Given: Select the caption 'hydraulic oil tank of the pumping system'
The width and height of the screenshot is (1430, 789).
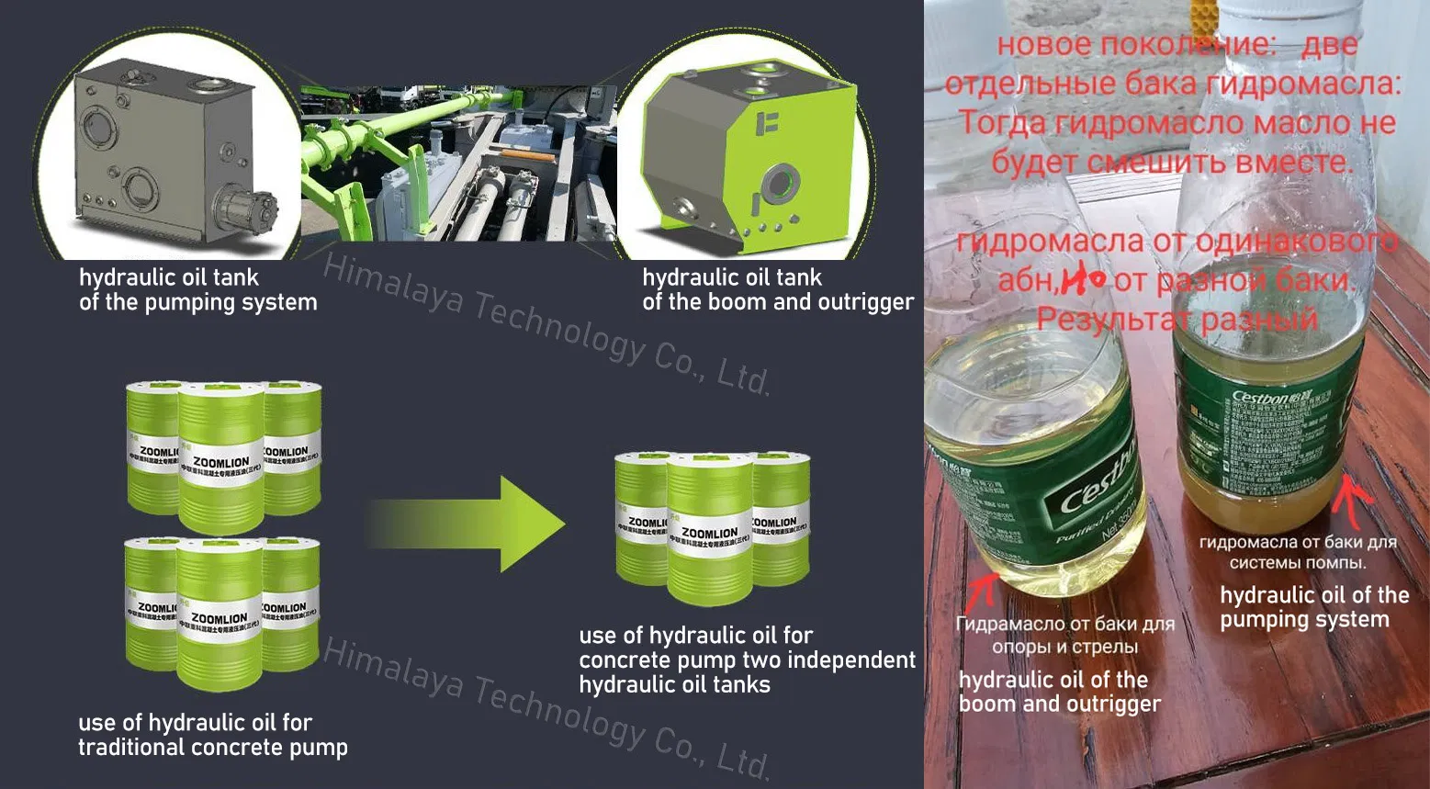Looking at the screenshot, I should [197, 290].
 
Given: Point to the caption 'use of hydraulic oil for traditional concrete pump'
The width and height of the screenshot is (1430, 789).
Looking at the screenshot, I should [212, 735].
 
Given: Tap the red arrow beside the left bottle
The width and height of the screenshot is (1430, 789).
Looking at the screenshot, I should [985, 588].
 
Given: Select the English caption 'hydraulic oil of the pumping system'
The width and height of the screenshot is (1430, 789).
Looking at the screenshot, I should [1313, 607].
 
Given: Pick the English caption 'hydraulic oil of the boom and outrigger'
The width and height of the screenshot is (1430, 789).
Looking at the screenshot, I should [1059, 692].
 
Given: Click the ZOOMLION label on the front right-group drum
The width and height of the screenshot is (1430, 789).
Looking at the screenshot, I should [709, 534].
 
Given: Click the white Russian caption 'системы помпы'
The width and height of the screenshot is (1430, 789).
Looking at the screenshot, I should [1297, 562].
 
